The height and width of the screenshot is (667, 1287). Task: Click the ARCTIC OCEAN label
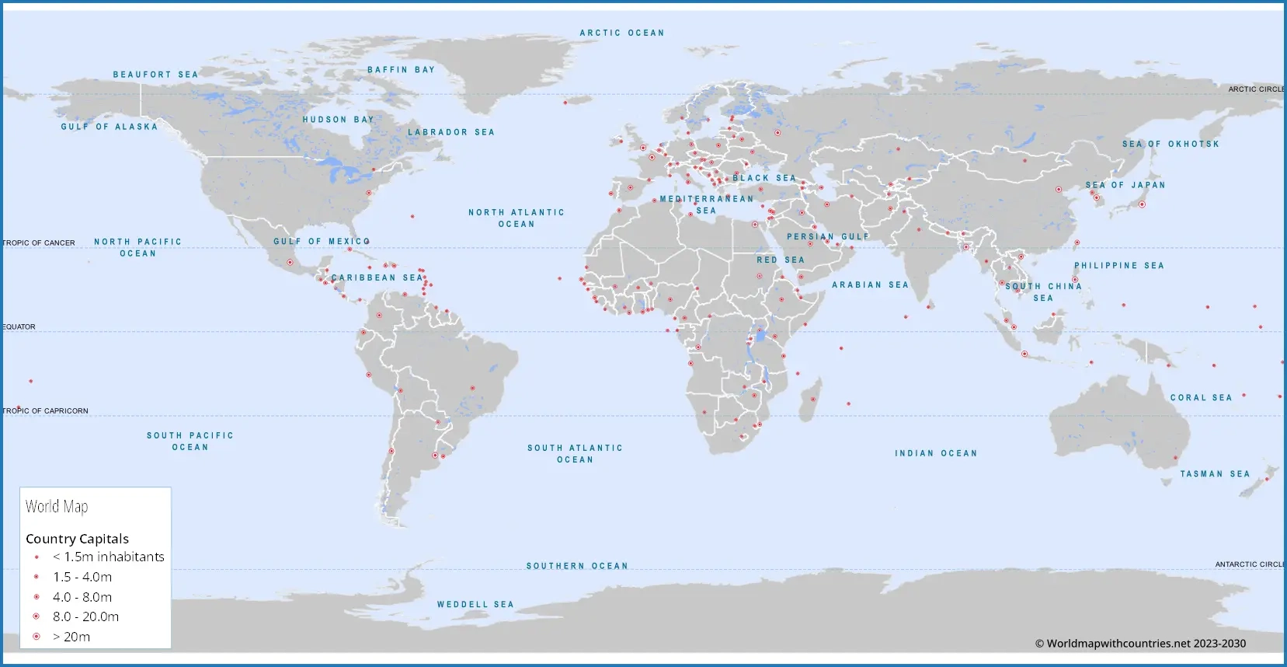[621, 33]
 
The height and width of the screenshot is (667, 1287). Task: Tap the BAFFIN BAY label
[401, 69]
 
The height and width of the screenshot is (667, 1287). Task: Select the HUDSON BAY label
[338, 119]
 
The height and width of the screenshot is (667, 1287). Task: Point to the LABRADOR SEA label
[451, 131]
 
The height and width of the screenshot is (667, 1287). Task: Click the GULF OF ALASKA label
[109, 126]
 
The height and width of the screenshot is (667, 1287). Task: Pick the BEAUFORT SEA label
[155, 75]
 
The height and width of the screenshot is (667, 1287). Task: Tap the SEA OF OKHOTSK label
[1170, 144]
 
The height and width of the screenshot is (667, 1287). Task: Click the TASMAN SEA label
[1215, 473]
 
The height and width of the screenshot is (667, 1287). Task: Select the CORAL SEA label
[1201, 397]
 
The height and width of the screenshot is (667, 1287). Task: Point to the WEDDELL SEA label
[475, 604]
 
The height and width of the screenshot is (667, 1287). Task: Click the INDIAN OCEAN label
[936, 453]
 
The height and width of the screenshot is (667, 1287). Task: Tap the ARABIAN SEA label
[870, 285]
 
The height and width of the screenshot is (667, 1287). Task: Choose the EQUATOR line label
[19, 327]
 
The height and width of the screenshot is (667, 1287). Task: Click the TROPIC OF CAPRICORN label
[46, 410]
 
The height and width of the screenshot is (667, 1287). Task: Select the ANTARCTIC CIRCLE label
[1250, 564]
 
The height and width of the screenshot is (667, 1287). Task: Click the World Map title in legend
[57, 507]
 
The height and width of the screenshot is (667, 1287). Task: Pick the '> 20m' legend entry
[71, 637]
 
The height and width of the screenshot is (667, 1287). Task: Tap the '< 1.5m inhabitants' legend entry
[108, 557]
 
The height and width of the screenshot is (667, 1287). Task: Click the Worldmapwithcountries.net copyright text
[1140, 643]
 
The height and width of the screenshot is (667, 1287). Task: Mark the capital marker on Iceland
[565, 102]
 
